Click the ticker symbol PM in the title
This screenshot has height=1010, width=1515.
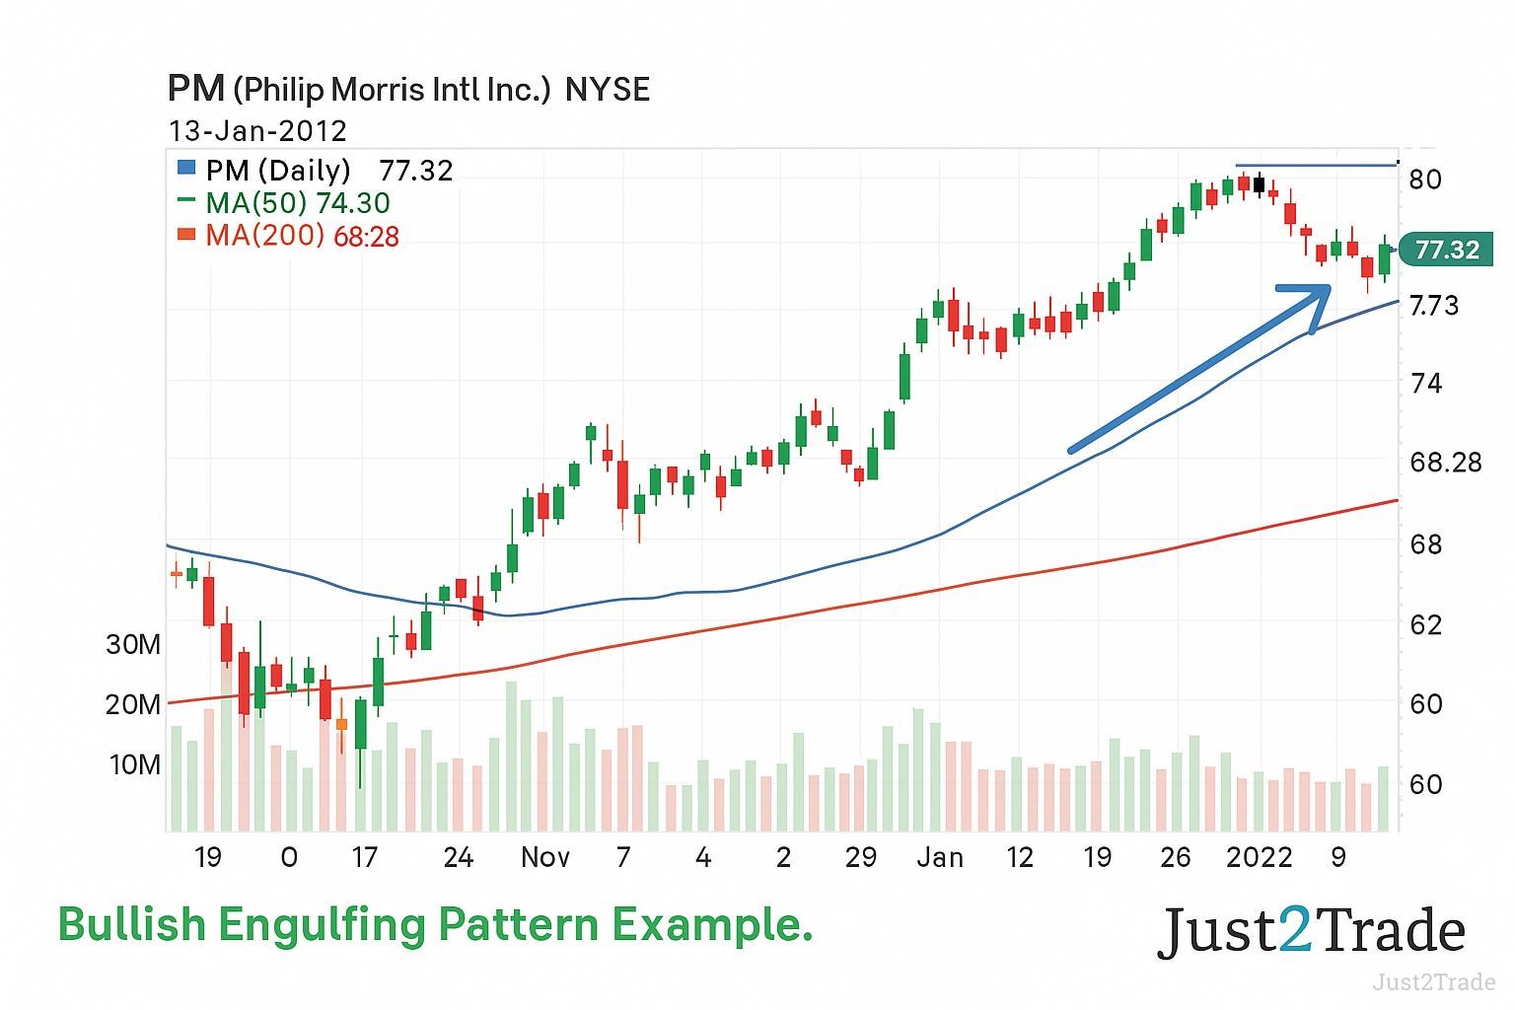[196, 89]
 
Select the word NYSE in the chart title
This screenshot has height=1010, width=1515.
[608, 90]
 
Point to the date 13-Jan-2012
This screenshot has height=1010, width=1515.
[257, 131]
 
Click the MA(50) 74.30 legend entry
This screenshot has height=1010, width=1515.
[297, 203]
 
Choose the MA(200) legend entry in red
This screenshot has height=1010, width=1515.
[301, 236]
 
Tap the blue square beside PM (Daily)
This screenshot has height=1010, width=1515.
[186, 169]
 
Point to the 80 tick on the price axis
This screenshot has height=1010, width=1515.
[1425, 180]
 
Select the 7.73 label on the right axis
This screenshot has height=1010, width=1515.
[1434, 306]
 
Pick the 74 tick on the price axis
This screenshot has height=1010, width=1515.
[1425, 384]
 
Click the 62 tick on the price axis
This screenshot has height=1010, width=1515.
[1425, 625]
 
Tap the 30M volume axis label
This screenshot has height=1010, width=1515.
[133, 645]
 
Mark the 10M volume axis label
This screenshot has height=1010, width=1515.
[134, 765]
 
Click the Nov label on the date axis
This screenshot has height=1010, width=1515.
[544, 857]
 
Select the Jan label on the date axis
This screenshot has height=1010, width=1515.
[939, 857]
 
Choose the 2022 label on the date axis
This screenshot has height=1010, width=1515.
[1259, 857]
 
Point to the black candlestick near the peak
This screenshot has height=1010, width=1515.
[1259, 184]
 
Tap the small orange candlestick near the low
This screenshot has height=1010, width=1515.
[341, 724]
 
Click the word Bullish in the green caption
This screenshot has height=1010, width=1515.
[132, 925]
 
